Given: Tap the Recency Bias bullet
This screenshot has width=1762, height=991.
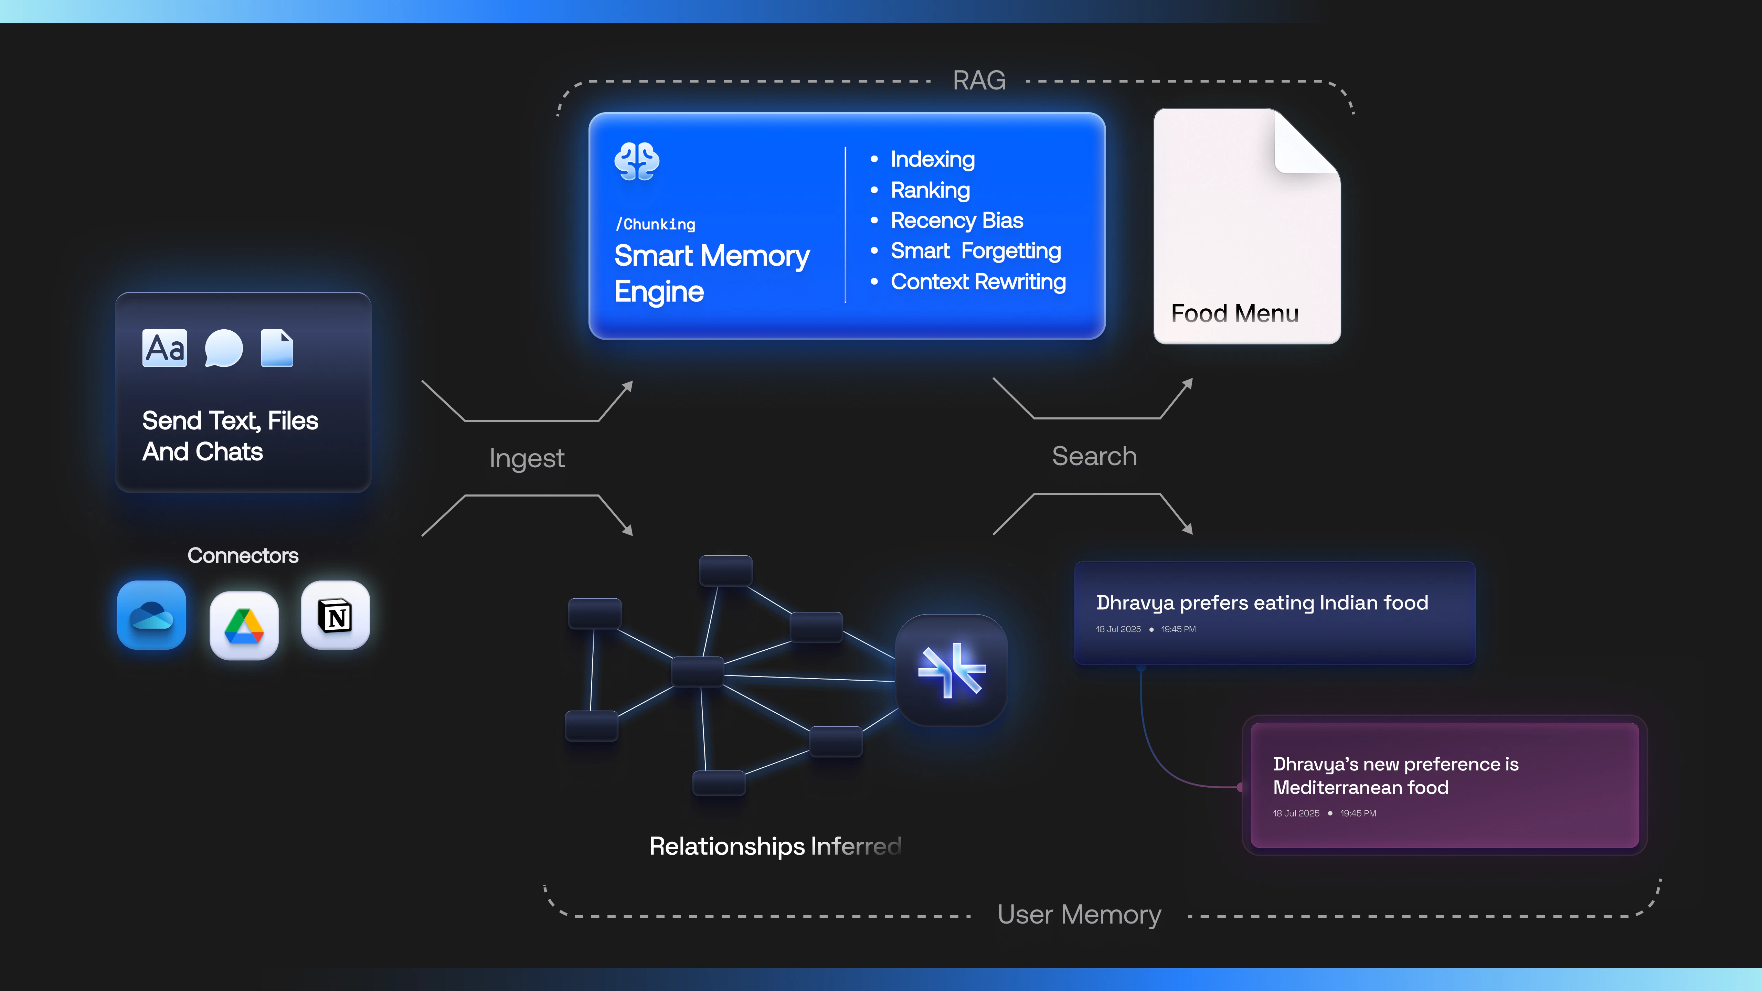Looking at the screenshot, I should [956, 220].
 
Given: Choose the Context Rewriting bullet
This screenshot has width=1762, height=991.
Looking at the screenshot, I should [977, 282].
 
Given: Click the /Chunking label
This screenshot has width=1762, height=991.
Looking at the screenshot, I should [655, 224].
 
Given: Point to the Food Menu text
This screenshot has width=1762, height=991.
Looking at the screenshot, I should [1235, 313].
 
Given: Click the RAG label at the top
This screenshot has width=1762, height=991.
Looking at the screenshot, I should [979, 81].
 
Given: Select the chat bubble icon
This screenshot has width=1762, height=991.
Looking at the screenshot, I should [224, 348].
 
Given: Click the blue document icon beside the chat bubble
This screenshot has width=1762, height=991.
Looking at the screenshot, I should [277, 348].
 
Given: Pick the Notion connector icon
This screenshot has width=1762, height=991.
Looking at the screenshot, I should [335, 615].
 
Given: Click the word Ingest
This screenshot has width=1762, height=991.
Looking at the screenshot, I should [527, 458].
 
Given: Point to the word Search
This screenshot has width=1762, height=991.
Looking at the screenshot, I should [1094, 456].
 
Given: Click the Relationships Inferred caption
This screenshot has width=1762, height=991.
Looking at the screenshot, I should [775, 846].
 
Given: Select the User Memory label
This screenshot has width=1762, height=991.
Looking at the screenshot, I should [1079, 914].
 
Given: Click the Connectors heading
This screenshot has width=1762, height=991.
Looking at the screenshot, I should [243, 555].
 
